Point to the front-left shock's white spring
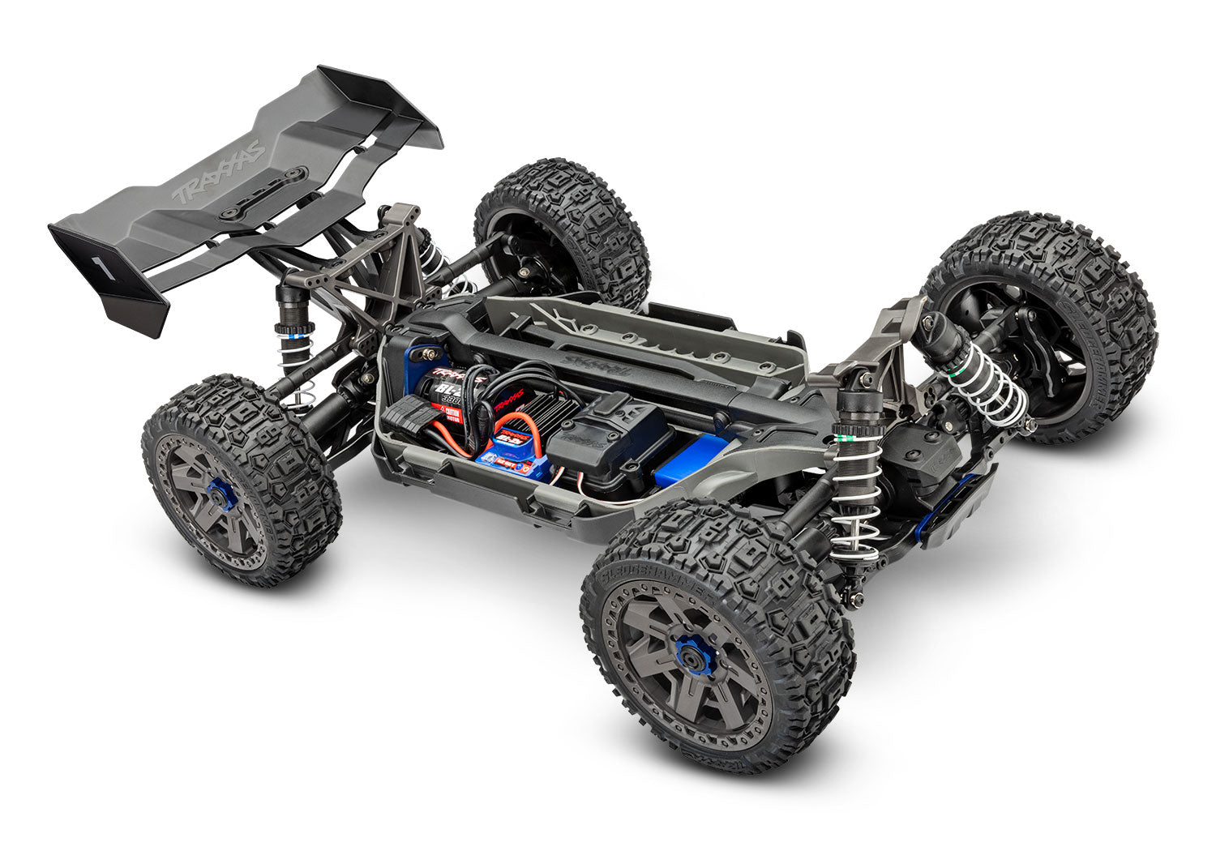pyautogui.click(x=986, y=381)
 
